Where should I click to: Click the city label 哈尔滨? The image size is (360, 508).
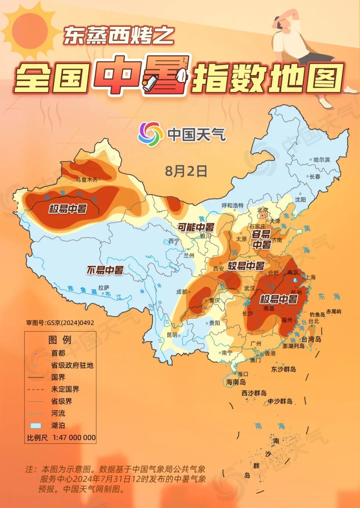pos(322,160)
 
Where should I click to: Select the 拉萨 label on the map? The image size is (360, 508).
pos(104,287)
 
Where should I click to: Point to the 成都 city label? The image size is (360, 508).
pos(182,291)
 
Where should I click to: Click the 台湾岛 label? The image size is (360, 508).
pos(311,339)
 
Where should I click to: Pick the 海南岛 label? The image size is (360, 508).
pos(236,382)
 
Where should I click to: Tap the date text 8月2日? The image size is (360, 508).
pos(186,171)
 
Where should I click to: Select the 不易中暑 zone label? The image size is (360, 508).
pos(105,270)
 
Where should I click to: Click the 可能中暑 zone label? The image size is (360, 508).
pos(195,228)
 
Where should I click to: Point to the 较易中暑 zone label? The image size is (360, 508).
pos(246,266)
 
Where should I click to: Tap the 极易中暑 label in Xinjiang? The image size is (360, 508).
pos(68,209)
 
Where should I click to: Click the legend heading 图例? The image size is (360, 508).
pos(60,340)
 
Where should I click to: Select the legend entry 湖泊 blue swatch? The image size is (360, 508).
pos(36,425)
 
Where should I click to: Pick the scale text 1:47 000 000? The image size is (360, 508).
pos(74,437)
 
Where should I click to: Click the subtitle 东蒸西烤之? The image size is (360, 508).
pos(119,36)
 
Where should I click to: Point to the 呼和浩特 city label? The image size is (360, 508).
pos(233,205)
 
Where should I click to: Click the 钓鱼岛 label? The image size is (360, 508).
pos(317,314)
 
